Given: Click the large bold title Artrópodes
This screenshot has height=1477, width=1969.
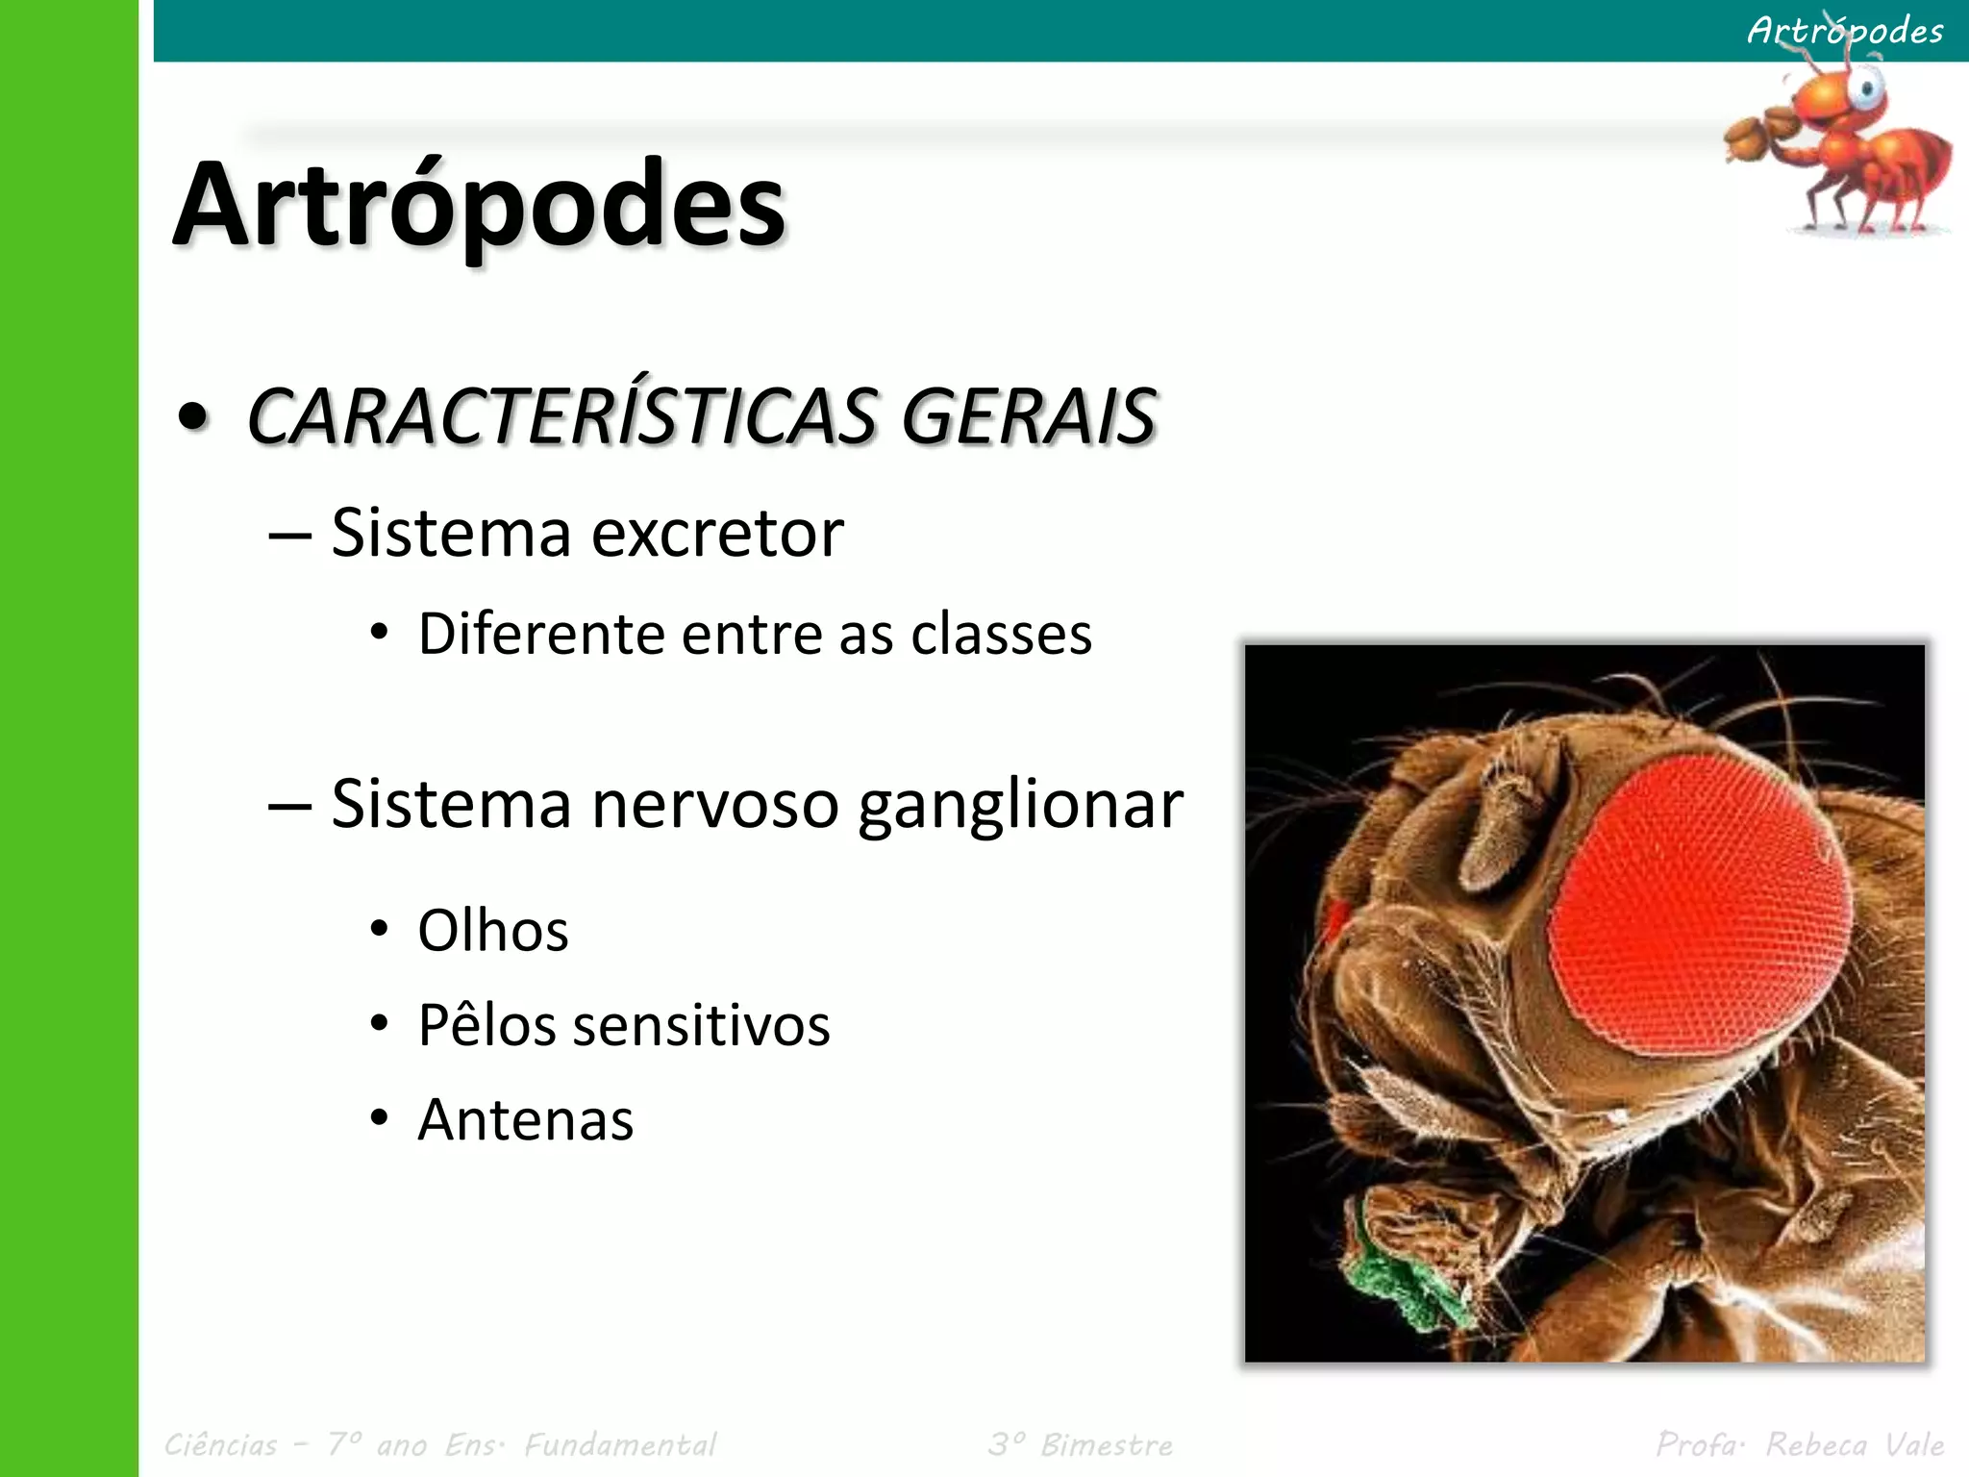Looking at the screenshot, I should click(479, 205).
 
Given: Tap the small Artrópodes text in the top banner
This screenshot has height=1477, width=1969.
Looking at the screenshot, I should click(1844, 31).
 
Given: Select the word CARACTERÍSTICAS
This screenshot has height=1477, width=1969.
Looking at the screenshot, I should click(561, 417).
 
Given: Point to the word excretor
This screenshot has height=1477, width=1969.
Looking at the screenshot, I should click(716, 534).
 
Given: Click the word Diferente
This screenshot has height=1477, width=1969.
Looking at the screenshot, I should click(541, 635).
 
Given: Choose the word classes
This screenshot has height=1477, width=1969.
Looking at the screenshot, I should click(1001, 635).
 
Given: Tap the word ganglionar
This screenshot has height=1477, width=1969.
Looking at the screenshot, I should click(1019, 805).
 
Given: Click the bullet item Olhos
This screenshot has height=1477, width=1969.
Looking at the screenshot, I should click(492, 931).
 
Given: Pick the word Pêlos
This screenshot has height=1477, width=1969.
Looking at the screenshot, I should click(486, 1025).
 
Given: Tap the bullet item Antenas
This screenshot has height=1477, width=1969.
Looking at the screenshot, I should click(525, 1120).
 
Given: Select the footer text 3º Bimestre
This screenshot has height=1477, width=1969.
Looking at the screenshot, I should click(1080, 1444).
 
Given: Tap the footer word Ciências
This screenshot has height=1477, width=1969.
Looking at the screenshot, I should click(220, 1444).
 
